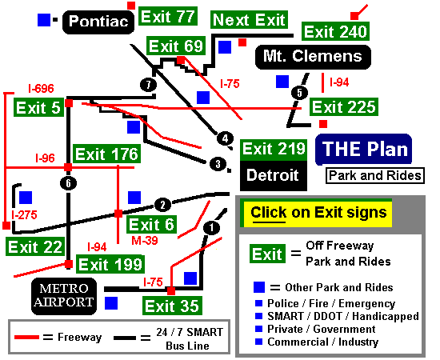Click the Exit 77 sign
click(168, 16)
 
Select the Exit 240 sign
click(335, 31)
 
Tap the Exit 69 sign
click(176, 46)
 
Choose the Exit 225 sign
click(344, 106)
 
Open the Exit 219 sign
click(274, 149)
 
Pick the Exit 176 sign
click(106, 154)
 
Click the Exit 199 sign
click(110, 264)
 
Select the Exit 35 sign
click(172, 306)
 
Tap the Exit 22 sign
click(35, 246)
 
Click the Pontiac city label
click(98, 22)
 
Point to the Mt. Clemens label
click(313, 56)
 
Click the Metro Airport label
click(64, 296)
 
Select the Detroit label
click(274, 176)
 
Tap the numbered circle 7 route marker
click(148, 85)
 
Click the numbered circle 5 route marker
click(299, 93)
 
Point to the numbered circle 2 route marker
click(162, 205)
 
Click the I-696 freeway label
click(41, 88)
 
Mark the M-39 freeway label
click(145, 240)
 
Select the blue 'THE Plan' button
click(364, 150)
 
